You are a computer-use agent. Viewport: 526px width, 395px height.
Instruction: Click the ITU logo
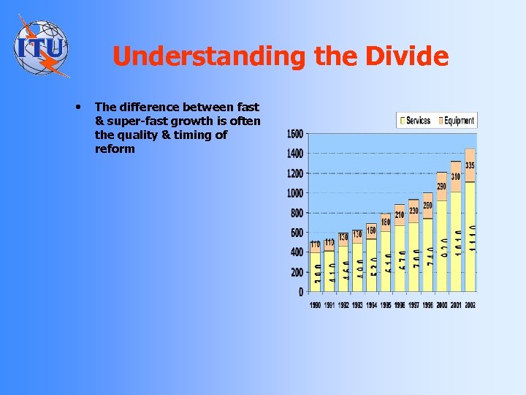coord(42,46)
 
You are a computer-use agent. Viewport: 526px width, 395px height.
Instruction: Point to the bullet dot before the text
coord(78,107)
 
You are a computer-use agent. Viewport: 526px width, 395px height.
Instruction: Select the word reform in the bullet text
coord(115,149)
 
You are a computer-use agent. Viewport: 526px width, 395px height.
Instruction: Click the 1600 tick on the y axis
coord(295,135)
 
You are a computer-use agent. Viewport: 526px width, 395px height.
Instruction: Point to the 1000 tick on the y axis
coord(295,194)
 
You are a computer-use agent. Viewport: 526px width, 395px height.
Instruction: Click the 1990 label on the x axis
coord(316,304)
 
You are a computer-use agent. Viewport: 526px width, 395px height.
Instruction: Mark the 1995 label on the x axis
coord(384,304)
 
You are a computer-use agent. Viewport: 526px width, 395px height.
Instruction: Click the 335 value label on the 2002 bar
coord(470,166)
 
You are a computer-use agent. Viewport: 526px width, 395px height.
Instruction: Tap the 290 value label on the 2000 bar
coord(442,187)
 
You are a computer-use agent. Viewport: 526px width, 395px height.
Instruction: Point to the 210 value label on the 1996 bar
coord(400,215)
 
